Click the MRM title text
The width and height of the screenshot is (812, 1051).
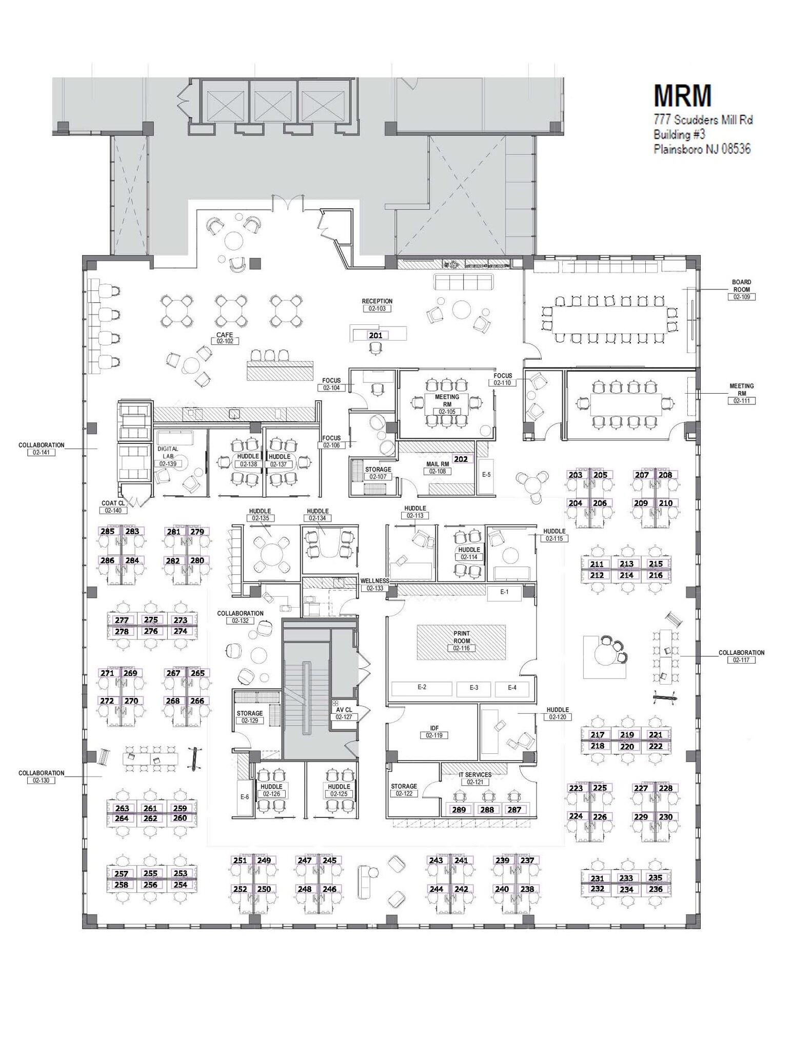coord(683,95)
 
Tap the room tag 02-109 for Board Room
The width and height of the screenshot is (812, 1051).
coord(741,297)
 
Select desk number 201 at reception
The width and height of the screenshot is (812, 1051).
coord(376,335)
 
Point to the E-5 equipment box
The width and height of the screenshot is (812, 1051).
coord(486,475)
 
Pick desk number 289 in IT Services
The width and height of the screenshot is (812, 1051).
coord(459,810)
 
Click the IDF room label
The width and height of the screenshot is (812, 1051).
coord(434,728)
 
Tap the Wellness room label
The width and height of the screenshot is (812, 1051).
coord(375,581)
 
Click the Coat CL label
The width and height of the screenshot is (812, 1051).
coord(113,503)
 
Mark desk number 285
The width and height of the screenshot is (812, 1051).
coord(108,531)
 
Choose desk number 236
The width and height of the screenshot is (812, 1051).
coord(656,889)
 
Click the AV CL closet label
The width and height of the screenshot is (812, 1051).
coord(344,710)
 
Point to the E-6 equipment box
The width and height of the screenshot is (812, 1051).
coord(245,797)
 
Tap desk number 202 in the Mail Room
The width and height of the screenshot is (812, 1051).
coord(461,459)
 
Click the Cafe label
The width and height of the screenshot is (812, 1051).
coord(225,335)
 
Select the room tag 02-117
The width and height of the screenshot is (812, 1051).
coord(741,660)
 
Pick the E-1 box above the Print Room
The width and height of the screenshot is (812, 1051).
coord(504,592)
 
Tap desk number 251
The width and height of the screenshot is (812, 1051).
coord(240,861)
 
